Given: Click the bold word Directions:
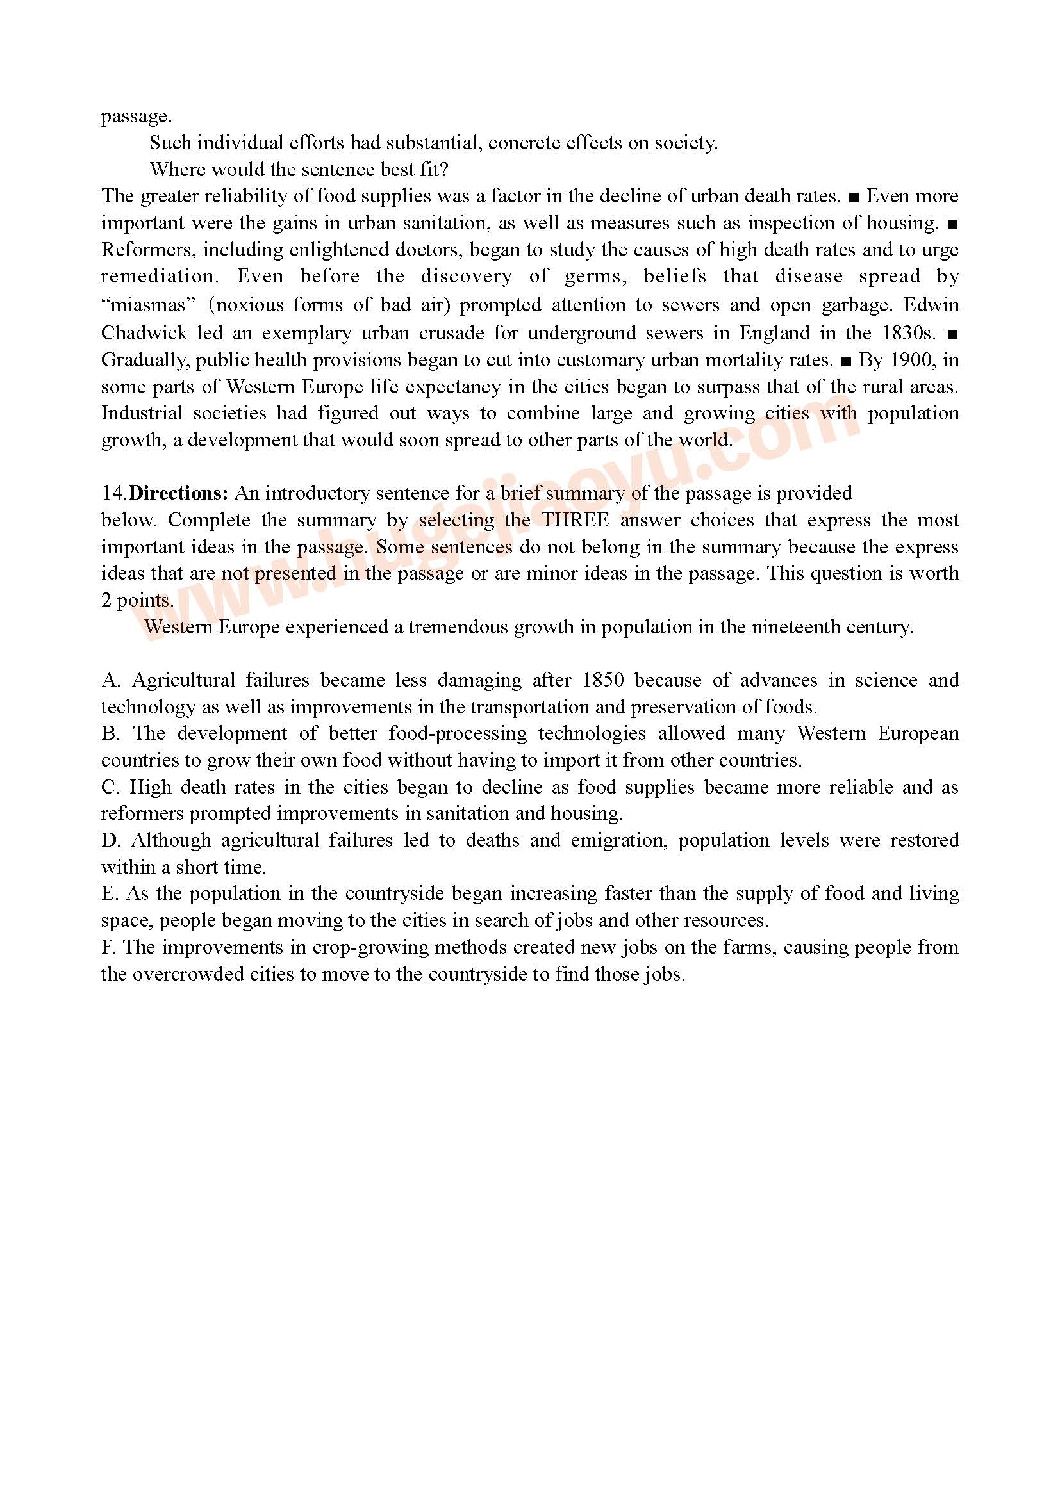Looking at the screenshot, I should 178,493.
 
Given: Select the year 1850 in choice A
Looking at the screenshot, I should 602,680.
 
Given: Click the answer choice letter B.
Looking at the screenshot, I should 110,733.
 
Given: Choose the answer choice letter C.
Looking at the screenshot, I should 110,787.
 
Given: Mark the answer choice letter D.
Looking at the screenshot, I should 110,840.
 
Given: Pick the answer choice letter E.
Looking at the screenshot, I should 108,893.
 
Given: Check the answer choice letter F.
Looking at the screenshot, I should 108,947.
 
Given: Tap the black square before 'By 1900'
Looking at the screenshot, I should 847,360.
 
